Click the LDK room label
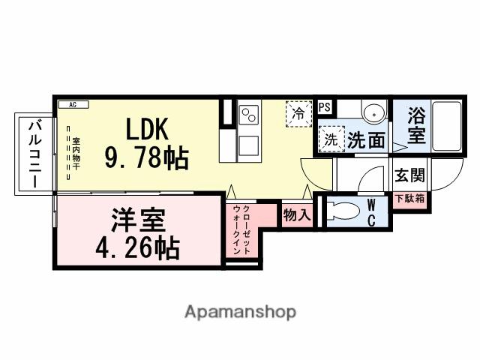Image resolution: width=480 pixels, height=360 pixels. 146,129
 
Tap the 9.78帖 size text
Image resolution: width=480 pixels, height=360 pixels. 146,157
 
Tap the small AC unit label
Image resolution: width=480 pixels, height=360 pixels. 73,105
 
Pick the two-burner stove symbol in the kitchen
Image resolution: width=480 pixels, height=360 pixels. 249,115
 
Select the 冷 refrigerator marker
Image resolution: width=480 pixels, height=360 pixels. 298,115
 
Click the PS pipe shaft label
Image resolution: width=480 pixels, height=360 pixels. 324,107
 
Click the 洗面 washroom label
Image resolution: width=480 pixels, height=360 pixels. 366,139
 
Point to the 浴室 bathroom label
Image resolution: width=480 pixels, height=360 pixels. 416,127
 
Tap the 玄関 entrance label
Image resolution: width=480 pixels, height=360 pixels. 410,175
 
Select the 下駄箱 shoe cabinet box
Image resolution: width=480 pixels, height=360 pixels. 410,199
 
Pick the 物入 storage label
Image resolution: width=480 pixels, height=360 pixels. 296,214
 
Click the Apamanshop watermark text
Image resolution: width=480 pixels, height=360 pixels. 240,311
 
